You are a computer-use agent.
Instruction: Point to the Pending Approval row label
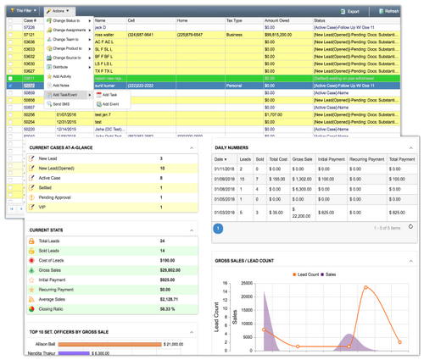[x=56, y=197]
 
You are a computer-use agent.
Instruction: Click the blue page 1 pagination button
[x=218, y=227]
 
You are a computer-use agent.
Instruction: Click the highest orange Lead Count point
[x=366, y=288]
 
